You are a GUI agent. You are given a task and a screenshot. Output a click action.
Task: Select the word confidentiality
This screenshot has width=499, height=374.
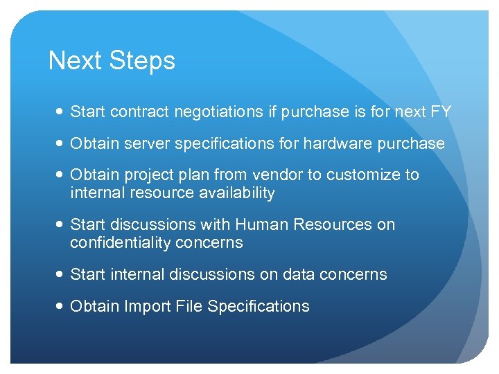pos(118,243)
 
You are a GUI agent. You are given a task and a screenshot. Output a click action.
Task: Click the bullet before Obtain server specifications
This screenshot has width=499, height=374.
pos(60,144)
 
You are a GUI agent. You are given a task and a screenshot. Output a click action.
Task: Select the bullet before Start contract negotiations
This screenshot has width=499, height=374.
pos(60,112)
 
